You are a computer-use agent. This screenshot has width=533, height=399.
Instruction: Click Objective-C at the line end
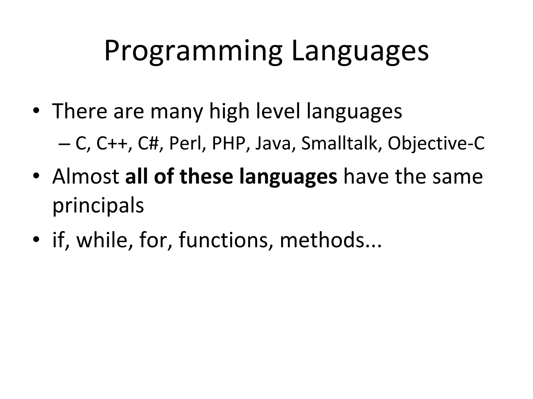click(436, 143)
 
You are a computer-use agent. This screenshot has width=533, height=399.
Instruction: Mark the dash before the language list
click(63, 144)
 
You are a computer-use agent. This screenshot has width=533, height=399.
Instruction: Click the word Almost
click(86, 177)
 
